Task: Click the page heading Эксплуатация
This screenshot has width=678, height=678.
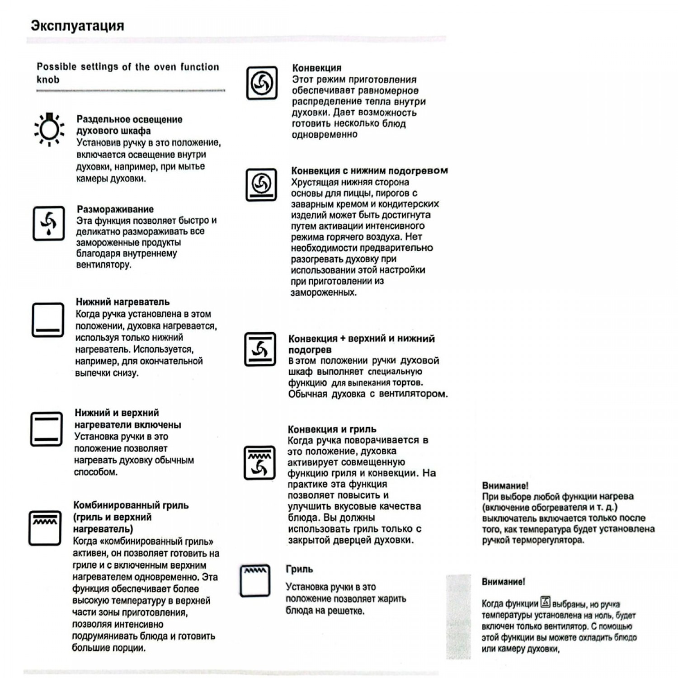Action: click(x=77, y=26)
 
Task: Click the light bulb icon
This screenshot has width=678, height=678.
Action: click(x=49, y=129)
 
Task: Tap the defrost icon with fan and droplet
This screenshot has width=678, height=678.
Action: click(x=49, y=223)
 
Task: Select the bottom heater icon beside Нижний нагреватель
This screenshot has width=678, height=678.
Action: click(x=47, y=320)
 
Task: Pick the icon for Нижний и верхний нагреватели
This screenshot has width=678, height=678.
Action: click(x=46, y=429)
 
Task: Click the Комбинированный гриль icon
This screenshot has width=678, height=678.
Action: click(x=45, y=528)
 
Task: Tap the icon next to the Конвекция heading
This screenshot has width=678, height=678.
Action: click(x=262, y=83)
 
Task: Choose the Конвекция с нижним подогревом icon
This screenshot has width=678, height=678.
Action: click(x=261, y=184)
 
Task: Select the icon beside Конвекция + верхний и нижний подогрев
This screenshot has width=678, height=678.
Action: click(x=260, y=349)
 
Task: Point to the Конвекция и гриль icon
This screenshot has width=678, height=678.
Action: click(x=259, y=462)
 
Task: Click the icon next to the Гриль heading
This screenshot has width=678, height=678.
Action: click(x=255, y=580)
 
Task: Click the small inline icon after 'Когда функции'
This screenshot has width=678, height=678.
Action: click(x=546, y=602)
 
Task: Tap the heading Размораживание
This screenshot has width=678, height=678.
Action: click(x=115, y=209)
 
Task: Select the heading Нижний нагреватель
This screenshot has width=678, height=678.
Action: click(x=122, y=302)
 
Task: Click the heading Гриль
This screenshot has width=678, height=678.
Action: click(x=299, y=569)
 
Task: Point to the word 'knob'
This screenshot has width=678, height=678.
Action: click(x=48, y=80)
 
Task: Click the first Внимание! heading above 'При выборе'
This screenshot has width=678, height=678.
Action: click(x=505, y=486)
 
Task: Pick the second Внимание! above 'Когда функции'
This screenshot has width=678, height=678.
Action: click(x=503, y=582)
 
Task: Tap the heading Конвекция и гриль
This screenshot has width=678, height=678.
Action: click(x=332, y=429)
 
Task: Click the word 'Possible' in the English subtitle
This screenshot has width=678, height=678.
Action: click(x=56, y=67)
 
